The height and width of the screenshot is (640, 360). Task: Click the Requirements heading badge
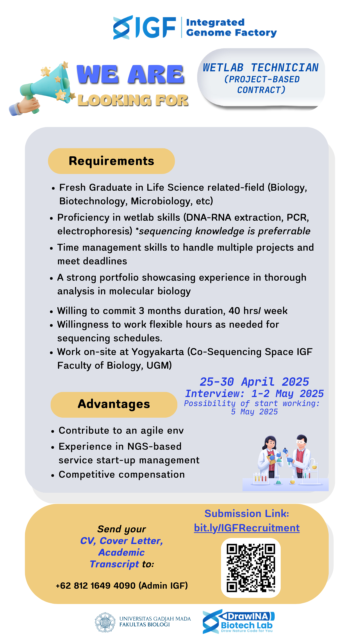pos(111,161)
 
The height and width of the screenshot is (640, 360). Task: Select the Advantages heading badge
pos(114,404)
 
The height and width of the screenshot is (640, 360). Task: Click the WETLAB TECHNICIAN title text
pos(261,68)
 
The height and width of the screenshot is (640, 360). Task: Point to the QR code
pos(251,568)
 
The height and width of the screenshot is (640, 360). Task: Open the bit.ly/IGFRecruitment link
pos(247,528)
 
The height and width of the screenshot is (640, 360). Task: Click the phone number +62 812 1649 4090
pos(96,586)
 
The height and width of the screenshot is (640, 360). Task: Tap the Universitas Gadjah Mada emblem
pos(105,622)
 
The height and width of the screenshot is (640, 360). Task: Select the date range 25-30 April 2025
pos(254,382)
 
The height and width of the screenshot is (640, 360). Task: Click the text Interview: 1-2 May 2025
pos(254,394)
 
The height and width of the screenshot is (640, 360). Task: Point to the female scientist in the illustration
pos(270,457)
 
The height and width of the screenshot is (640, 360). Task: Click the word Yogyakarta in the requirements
pos(158,352)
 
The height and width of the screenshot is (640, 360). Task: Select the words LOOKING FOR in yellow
pos(133,100)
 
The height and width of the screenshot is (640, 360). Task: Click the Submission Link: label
pos(247,514)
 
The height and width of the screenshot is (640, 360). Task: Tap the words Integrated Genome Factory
pos(231,27)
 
